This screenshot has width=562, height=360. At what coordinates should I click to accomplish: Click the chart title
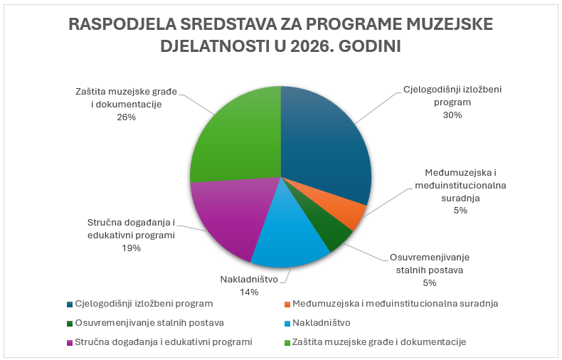(x=280, y=35)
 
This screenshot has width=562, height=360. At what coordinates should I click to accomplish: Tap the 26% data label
(x=127, y=117)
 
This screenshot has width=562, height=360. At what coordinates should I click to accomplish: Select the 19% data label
(x=131, y=248)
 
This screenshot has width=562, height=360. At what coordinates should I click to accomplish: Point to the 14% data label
(x=249, y=292)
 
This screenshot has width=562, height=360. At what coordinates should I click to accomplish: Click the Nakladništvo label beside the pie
(x=249, y=279)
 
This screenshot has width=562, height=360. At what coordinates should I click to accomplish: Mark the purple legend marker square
(x=69, y=342)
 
